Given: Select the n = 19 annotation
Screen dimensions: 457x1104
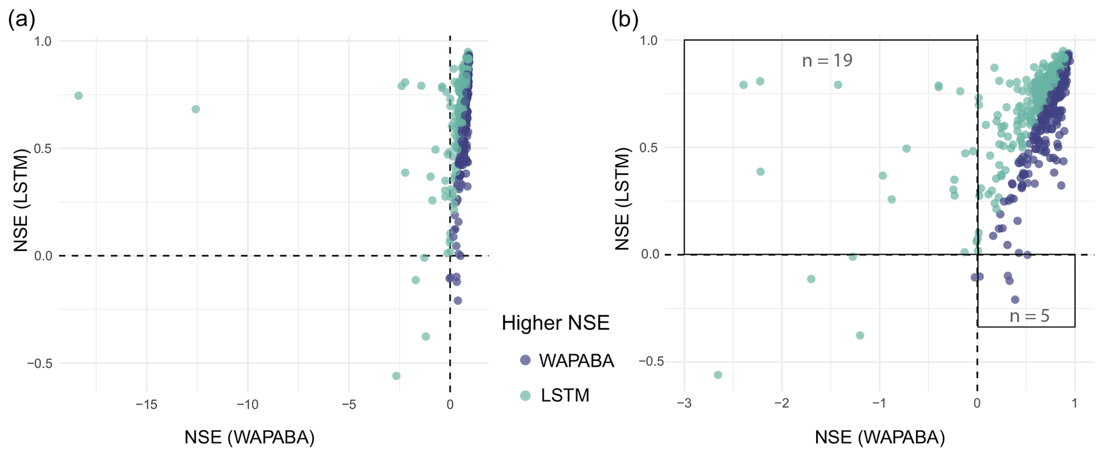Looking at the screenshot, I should tap(827, 61).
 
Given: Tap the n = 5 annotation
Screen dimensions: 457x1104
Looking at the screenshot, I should tap(1029, 316).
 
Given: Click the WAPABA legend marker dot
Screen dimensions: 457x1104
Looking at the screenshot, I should tap(526, 360).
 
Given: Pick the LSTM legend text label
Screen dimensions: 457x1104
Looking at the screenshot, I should tap(565, 396).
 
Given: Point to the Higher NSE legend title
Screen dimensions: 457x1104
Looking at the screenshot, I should tap(555, 323).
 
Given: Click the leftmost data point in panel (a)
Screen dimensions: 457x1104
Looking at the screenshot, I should tap(79, 96).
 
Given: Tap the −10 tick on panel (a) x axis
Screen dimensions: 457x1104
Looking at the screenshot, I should tap(247, 405).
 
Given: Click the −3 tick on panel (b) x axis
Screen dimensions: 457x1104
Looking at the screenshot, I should tap(684, 404).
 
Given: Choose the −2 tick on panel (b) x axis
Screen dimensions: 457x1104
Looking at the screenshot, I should tap(781, 404).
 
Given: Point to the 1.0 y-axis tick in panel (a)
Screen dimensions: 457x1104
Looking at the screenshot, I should tap(44, 41).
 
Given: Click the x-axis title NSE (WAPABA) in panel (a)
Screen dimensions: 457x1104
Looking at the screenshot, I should tap(249, 437).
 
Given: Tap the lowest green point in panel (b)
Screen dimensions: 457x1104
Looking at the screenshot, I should tap(718, 375).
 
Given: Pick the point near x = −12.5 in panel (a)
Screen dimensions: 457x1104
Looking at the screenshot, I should tap(195, 109).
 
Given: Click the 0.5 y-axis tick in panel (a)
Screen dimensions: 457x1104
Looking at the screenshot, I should tap(44, 148).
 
